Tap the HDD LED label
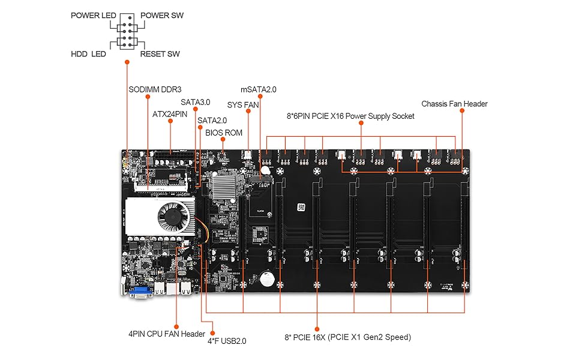(88, 54)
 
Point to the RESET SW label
(160, 54)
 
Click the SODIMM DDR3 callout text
(155, 89)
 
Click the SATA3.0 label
(196, 103)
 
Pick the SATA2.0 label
(212, 121)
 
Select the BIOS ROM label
(224, 133)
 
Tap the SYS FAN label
(243, 105)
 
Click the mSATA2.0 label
(259, 89)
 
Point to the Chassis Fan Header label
(454, 104)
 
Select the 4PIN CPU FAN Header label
(167, 334)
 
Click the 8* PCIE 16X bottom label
(348, 337)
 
